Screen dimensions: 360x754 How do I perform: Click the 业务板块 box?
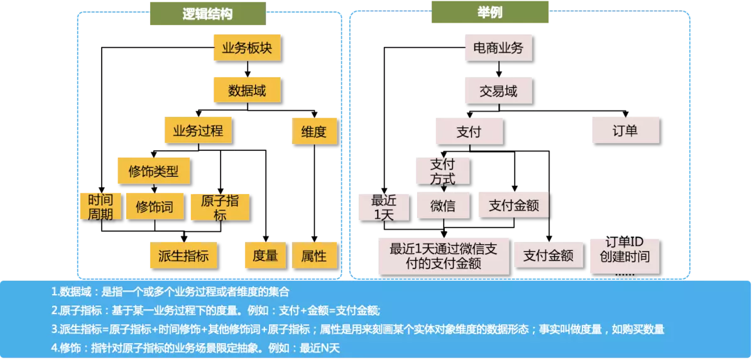click(247, 48)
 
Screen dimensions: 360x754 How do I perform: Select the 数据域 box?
click(247, 91)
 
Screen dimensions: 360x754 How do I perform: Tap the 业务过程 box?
click(198, 132)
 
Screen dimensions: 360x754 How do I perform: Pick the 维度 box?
click(314, 132)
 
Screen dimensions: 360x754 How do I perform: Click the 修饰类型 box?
click(154, 171)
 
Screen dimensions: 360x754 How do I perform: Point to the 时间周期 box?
click(101, 207)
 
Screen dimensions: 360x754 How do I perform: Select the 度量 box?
click(265, 256)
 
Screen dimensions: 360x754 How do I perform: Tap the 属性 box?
click(314, 256)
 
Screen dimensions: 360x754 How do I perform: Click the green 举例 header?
click(489, 12)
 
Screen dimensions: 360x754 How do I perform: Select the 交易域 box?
click(498, 91)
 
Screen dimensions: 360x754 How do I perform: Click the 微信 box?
click(443, 206)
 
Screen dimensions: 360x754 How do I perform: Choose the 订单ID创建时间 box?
click(624, 254)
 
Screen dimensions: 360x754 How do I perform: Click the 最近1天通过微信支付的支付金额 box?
click(444, 256)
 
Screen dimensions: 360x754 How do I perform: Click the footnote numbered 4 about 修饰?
click(195, 347)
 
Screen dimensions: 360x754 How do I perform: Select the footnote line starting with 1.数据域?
click(170, 292)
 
